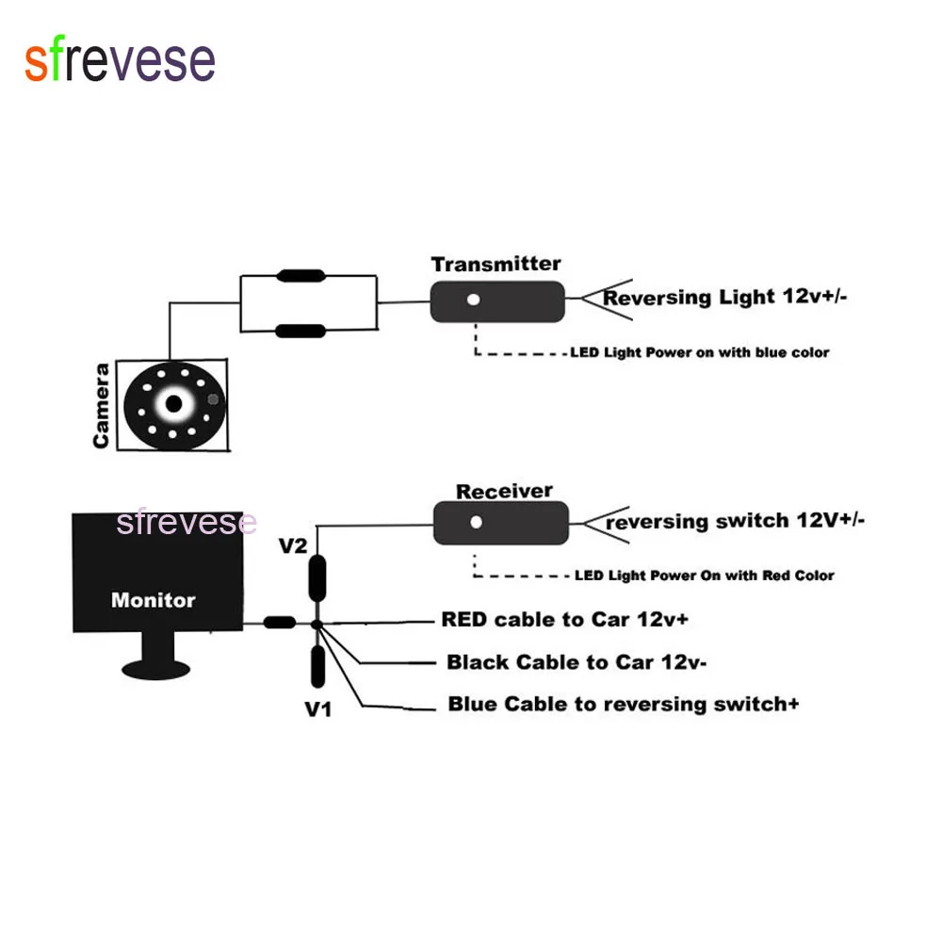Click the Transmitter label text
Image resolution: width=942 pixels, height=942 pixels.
(495, 264)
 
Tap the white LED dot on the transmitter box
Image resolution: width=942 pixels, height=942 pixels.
(474, 300)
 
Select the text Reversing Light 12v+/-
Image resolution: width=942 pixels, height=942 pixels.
(725, 297)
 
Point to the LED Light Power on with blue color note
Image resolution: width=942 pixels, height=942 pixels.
(700, 353)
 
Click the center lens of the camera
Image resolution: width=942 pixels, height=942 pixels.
(173, 404)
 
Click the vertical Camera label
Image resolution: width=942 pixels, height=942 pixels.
(101, 406)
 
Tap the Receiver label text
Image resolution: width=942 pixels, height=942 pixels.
(504, 491)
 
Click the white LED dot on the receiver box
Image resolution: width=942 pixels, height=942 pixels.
(477, 521)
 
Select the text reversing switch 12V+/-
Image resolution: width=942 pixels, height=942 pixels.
(735, 520)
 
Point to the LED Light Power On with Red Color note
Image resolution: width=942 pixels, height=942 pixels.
(704, 576)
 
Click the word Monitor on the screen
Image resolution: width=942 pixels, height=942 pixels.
(153, 600)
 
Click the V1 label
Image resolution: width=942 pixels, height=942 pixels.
(317, 708)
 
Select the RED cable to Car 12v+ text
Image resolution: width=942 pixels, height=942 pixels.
(577, 620)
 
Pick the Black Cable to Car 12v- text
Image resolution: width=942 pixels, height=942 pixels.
(577, 662)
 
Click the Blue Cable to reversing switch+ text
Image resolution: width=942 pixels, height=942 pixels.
(624, 704)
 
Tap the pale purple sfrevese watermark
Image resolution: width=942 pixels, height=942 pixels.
(187, 522)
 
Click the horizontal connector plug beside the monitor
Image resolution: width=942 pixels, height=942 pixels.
(279, 623)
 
